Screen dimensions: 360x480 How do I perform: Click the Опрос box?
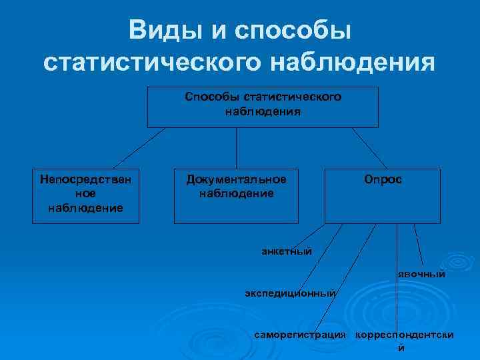coord(383,195)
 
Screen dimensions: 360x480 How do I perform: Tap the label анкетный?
coord(287,251)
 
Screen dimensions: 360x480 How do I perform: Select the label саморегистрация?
coord(301,333)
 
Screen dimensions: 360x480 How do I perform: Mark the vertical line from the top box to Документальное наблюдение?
coord(237,147)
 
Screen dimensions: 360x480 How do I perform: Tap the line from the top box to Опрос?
coord(369,147)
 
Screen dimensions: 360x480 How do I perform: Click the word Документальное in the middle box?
coord(237,180)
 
